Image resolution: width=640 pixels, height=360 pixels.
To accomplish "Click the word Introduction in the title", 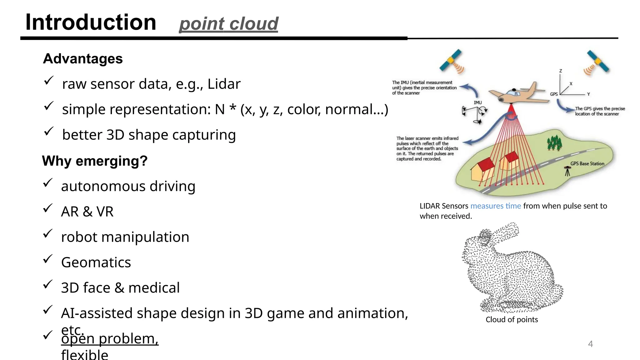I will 91,22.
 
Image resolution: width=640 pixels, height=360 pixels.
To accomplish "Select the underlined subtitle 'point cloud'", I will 228,24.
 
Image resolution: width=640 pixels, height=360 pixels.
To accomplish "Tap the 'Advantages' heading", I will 83,59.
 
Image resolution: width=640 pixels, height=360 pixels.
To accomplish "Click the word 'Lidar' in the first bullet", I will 224,84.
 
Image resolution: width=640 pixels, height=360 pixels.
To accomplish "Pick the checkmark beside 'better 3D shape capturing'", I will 48,132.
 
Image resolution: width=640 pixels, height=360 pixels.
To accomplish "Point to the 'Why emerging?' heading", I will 95,161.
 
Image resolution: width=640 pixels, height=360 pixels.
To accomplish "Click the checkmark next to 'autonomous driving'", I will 47,183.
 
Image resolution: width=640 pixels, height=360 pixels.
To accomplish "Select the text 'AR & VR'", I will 87,212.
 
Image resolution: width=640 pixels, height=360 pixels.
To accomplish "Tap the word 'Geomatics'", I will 96,262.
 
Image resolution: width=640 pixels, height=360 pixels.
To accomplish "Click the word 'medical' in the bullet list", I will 154,287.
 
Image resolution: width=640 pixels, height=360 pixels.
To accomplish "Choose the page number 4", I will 590,344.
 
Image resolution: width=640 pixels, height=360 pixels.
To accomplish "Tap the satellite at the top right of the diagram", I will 597,62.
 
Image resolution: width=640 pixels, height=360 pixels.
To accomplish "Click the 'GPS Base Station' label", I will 587,163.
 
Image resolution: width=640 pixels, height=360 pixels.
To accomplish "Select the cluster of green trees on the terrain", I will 554,143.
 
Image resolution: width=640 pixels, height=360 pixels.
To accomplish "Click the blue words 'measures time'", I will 496,206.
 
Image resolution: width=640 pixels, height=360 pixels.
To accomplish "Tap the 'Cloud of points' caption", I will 512,319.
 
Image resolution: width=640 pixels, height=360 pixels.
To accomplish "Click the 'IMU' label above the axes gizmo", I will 477,102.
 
